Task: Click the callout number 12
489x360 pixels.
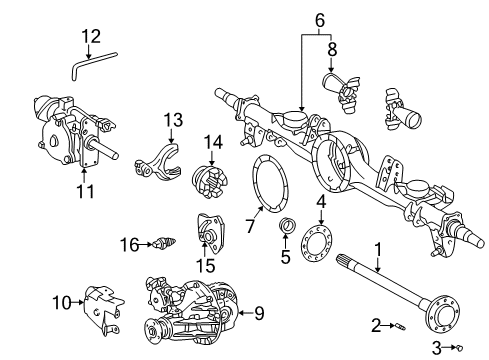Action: coord(91,37)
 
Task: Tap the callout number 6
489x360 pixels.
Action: coord(320,19)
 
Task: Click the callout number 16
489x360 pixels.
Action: coord(127,243)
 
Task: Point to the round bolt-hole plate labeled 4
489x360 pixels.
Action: coord(320,243)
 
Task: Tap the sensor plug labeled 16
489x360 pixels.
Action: coord(157,243)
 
